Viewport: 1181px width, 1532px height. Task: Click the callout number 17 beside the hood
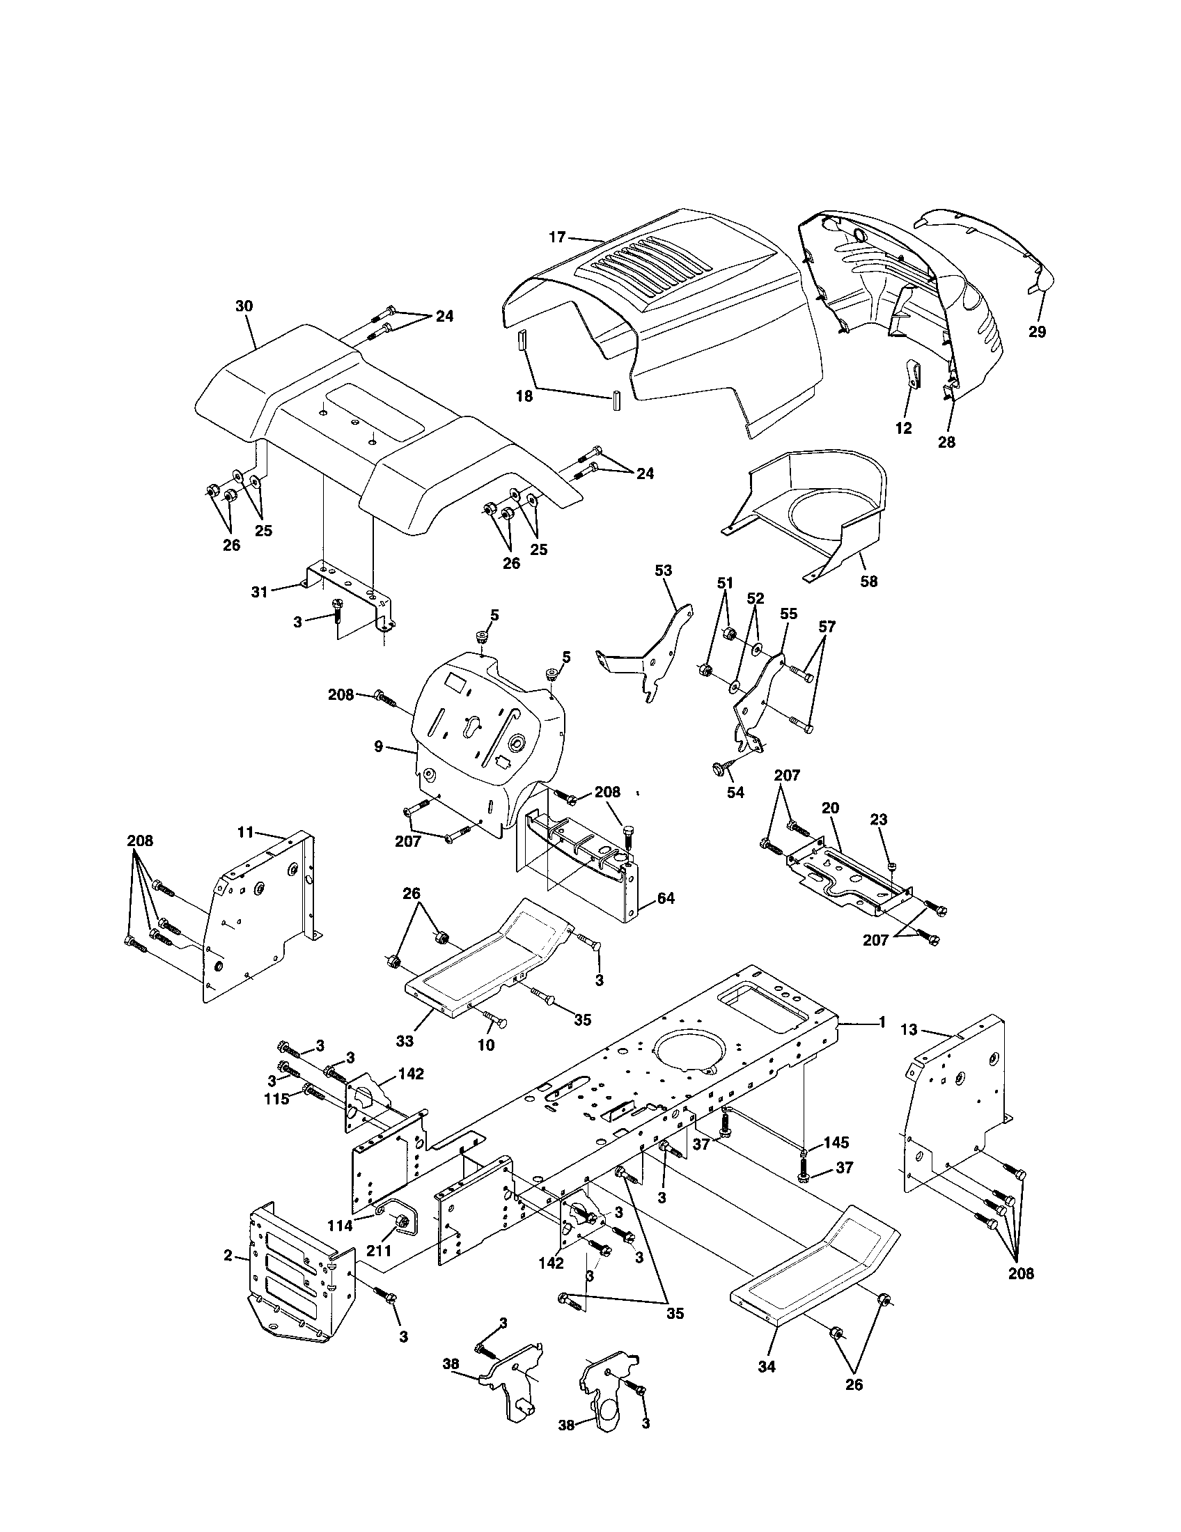(x=557, y=237)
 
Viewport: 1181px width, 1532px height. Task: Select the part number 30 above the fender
(x=244, y=306)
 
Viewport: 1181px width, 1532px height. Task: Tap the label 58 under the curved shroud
(x=868, y=581)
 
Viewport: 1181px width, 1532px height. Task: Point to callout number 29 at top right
(x=1037, y=331)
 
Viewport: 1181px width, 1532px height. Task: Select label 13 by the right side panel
(x=908, y=1030)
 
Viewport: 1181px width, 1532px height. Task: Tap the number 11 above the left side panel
(x=244, y=832)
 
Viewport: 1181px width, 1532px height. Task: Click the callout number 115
(x=276, y=1119)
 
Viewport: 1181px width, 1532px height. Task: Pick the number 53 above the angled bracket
(x=663, y=570)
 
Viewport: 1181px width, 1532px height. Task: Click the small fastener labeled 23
(x=891, y=868)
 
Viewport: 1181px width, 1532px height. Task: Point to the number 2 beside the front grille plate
(x=228, y=1256)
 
